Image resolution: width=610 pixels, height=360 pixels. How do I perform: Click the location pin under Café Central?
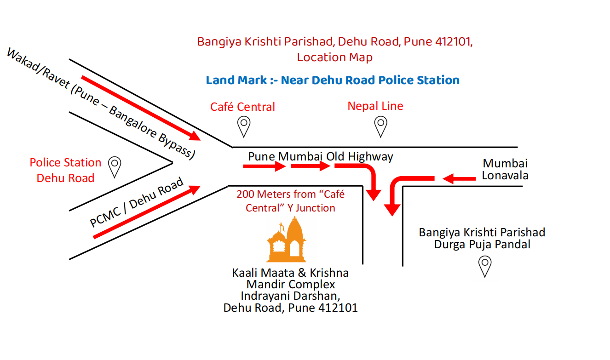click(243, 126)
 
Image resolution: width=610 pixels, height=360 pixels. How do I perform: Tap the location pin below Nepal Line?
click(380, 126)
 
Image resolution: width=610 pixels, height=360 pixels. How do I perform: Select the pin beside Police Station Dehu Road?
click(114, 166)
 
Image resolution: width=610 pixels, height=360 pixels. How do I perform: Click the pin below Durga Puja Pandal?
click(485, 266)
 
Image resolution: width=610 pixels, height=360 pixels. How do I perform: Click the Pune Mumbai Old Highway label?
click(321, 156)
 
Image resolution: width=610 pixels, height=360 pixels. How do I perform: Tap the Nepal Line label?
click(375, 106)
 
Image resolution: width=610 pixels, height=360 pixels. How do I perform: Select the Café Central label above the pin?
click(242, 107)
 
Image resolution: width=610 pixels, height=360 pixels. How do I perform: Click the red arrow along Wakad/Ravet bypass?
click(141, 108)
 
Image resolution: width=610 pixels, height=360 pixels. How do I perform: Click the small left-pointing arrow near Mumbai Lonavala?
click(459, 178)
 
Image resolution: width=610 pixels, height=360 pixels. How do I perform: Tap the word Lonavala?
click(505, 175)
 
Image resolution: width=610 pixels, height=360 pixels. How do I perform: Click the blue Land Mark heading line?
click(333, 80)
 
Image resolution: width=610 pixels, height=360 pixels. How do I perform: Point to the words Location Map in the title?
click(334, 57)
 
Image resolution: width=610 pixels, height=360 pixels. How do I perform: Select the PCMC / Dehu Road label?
click(137, 202)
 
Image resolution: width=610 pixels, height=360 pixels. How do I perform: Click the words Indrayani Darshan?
click(290, 296)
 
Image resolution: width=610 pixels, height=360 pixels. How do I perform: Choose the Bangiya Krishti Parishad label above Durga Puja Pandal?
click(482, 232)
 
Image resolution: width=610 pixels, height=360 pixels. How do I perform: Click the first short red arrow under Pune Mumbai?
click(265, 166)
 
